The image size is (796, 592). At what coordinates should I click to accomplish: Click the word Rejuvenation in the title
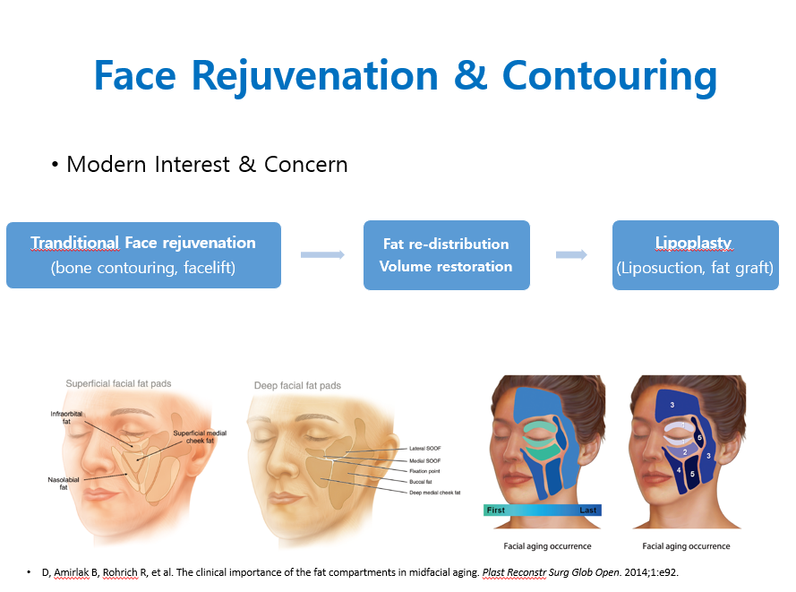[315, 76]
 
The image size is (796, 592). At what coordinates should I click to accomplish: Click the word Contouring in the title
[609, 76]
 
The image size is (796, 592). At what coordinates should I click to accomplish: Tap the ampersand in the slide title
[471, 75]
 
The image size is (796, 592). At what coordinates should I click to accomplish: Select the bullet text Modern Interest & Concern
[207, 165]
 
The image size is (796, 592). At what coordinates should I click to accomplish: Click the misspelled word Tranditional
[75, 243]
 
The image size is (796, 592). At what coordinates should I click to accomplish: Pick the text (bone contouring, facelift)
[143, 268]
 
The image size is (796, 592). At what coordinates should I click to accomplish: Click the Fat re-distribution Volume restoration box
[446, 255]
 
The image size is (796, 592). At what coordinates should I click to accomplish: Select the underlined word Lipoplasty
[693, 243]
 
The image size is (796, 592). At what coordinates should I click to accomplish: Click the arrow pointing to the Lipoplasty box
[571, 254]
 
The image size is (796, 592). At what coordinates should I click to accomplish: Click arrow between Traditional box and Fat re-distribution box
[322, 254]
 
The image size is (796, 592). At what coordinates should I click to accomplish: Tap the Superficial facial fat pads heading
[118, 384]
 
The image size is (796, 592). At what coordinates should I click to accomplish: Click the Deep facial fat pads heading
[297, 386]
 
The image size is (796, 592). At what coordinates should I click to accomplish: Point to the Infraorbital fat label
[66, 417]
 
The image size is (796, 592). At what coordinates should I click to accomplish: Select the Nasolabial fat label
[64, 484]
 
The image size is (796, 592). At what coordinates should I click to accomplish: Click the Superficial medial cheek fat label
[200, 437]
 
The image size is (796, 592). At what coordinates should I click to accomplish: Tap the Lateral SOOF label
[425, 449]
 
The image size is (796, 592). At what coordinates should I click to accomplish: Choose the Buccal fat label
[420, 481]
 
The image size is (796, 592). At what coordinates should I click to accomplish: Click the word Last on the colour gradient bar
[588, 510]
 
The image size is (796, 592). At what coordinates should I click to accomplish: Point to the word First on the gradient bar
[495, 510]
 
